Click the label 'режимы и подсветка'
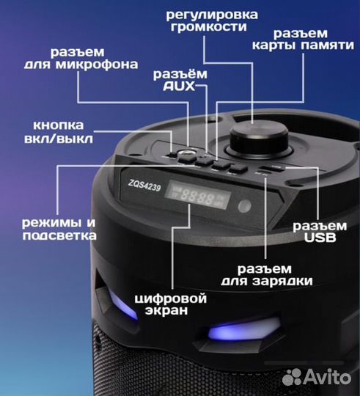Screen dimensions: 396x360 [59, 228]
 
